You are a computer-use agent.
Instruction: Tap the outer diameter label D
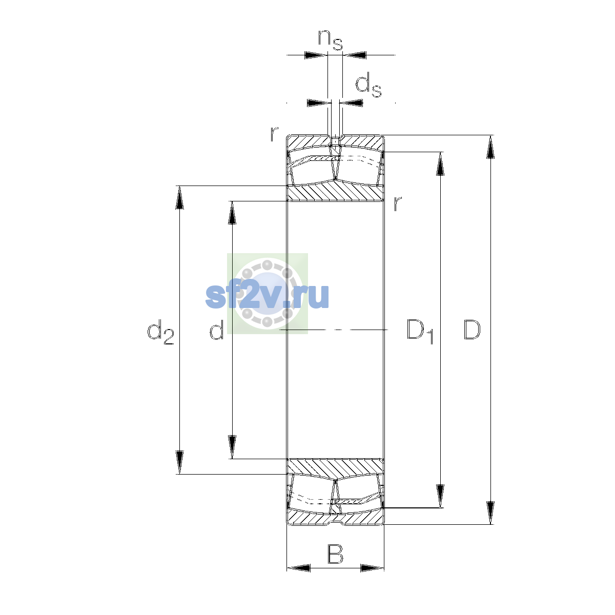click(471, 330)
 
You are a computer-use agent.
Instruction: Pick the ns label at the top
click(331, 40)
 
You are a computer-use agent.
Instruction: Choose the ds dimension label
click(368, 85)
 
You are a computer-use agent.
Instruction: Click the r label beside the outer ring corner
click(274, 134)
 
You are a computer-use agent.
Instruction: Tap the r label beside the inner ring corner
click(398, 203)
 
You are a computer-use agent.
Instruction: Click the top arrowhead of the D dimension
click(490, 147)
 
